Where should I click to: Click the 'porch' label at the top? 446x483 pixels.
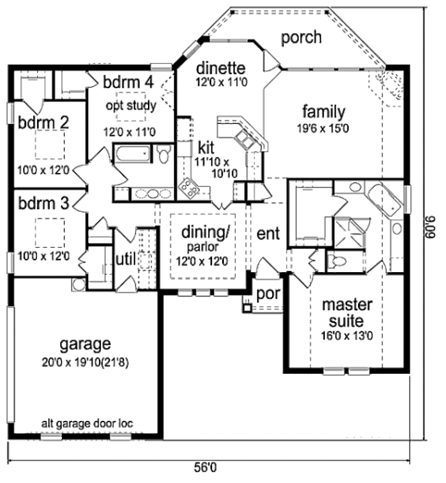(301, 38)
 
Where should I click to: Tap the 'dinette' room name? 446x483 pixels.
(221, 68)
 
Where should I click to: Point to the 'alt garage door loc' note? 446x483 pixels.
(87, 423)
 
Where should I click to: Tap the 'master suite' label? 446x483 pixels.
(347, 313)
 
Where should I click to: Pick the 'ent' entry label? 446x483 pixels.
(268, 233)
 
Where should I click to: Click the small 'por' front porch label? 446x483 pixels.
(267, 293)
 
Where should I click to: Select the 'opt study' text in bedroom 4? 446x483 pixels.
(131, 106)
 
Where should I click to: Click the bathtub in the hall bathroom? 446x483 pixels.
(133, 154)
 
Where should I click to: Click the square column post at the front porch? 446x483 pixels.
(247, 308)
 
